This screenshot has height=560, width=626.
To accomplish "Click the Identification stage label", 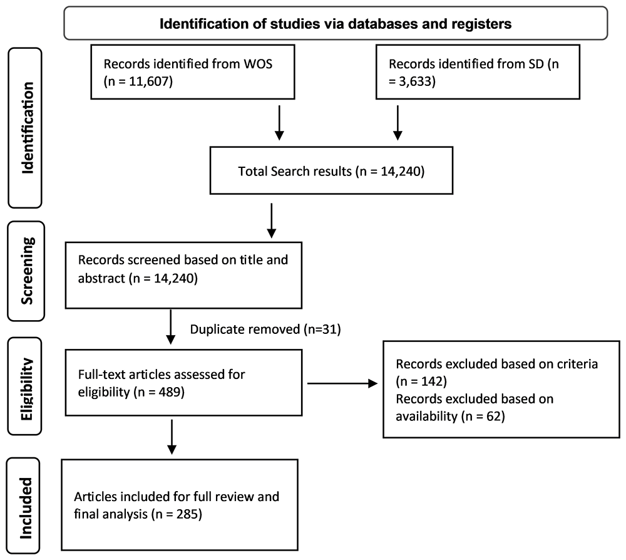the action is (27, 128).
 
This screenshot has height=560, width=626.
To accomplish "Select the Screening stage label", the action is (27, 271).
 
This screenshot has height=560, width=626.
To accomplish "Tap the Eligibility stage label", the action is (26, 389).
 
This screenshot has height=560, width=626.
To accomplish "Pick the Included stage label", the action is (25, 508).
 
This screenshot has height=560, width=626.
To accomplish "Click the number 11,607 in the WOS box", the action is (149, 81).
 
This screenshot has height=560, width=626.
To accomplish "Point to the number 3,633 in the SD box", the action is (415, 81).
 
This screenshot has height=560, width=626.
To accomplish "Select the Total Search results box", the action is (331, 170).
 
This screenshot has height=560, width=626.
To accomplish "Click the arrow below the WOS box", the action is (279, 123).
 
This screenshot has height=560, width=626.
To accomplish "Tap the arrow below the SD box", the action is (398, 123).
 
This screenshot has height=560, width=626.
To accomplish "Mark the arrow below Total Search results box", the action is (272, 221).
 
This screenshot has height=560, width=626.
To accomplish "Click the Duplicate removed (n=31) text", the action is (265, 329).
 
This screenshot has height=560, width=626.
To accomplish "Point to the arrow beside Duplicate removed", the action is (170, 327).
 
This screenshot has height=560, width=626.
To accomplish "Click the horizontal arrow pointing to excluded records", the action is (342, 384).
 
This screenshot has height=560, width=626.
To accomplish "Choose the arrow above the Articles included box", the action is (172, 437).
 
